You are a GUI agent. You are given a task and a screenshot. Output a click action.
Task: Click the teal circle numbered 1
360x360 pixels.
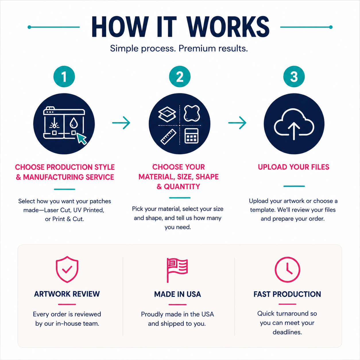[64, 76]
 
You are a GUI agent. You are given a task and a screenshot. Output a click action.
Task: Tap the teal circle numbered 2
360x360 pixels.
[180, 76]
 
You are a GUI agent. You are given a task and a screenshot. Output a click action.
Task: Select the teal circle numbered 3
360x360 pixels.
[294, 76]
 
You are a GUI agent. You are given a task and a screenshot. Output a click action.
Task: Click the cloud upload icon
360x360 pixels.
[294, 124]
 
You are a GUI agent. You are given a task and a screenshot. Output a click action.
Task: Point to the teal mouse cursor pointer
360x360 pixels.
[82, 139]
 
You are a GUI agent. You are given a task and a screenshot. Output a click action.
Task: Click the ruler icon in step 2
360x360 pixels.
[168, 137]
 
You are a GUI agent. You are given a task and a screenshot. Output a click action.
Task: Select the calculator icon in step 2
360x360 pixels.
[191, 136]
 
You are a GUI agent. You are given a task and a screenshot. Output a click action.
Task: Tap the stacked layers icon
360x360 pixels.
[167, 114]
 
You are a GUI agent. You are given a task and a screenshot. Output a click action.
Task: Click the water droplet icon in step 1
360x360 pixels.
[73, 123]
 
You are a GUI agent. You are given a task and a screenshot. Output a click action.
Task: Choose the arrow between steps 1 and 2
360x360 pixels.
[121, 123]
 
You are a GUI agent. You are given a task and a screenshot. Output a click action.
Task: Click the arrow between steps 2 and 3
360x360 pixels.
[237, 123]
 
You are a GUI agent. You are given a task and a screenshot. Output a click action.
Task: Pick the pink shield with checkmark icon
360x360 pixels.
[67, 269]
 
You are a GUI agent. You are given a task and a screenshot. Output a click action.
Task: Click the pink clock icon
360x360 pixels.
[287, 269]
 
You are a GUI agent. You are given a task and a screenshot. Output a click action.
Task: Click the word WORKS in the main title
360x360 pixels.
[228, 27]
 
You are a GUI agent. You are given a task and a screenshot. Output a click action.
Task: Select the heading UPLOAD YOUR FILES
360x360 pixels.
[293, 167]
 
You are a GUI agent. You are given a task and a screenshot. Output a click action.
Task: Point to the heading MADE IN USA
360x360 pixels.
[177, 294]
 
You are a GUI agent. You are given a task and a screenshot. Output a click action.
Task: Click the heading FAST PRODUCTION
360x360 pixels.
[287, 294]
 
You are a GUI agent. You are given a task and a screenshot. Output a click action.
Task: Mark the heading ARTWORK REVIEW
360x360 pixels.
[67, 294]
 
